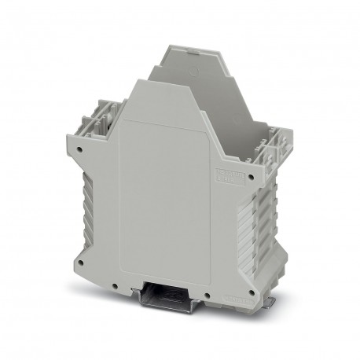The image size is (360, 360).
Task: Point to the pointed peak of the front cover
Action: [x=149, y=79]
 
